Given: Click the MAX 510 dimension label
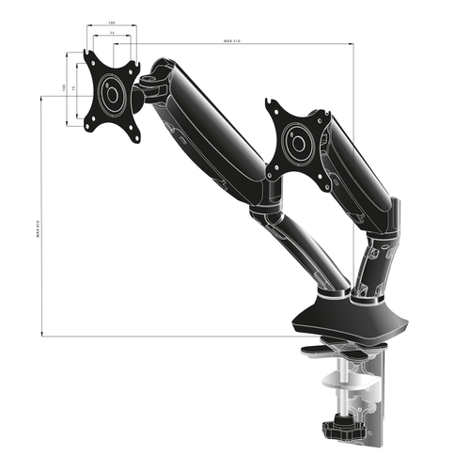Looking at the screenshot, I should point(236,41).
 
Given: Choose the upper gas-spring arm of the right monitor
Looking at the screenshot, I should point(362,174).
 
